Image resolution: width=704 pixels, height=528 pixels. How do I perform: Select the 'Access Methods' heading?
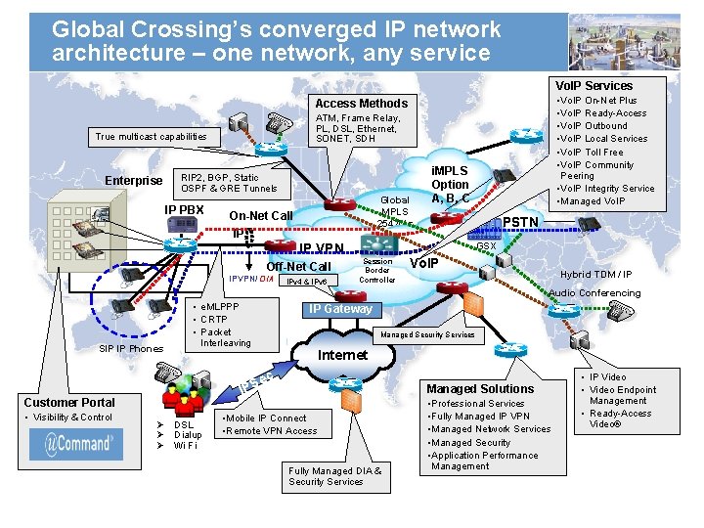pos(361,103)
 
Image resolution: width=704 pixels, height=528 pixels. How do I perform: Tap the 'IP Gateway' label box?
pos(340,310)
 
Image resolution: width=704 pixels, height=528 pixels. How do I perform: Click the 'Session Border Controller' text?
pos(376,270)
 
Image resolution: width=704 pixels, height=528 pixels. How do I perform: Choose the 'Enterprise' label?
pos(134,180)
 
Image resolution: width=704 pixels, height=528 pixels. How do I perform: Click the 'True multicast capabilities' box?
pos(151,137)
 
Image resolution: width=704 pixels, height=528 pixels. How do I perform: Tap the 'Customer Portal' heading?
pos(69,402)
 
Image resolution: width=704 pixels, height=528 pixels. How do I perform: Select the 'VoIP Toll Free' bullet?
pos(591,152)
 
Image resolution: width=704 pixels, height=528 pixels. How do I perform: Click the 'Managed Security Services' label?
pos(427,334)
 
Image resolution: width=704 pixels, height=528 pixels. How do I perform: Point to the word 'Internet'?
pos(342,355)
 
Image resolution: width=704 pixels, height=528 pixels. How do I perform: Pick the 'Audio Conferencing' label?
pos(594,293)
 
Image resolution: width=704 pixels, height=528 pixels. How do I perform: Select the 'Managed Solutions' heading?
pos(480,388)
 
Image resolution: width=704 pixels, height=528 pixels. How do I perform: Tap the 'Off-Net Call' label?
pos(298,267)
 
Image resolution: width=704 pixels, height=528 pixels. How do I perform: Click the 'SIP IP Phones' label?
pos(131,349)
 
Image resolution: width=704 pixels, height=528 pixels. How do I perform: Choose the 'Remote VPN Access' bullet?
pos(272,431)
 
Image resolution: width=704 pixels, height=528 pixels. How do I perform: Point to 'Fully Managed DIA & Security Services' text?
pos(334,476)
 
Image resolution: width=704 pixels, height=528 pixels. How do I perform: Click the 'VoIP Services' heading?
pos(594,85)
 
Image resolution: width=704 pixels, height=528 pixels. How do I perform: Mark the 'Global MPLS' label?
pos(394,206)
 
